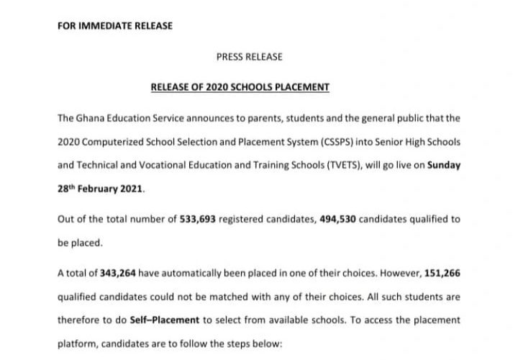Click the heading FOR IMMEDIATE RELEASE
[x=114, y=26]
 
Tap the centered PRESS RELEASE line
[x=250, y=56]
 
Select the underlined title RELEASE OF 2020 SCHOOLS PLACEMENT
[x=240, y=87]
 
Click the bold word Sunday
[x=444, y=165]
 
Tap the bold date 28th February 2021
[x=101, y=189]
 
